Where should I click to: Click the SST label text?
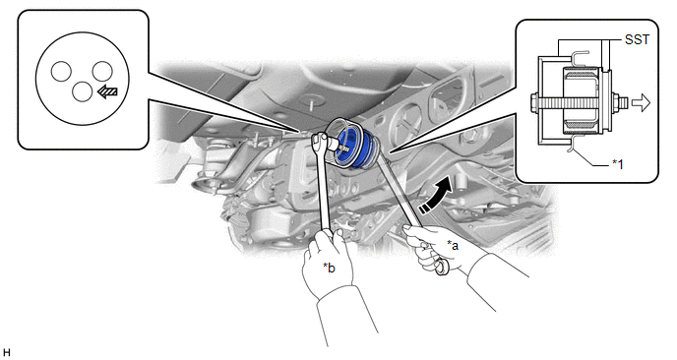(637, 39)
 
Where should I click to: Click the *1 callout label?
(617, 164)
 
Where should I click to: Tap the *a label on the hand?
(453, 246)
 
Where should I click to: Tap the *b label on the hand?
(329, 268)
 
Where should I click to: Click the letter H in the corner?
(6, 353)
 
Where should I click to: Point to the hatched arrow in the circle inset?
(107, 91)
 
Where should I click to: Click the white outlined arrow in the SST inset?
(641, 103)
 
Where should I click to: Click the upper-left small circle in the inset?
(61, 71)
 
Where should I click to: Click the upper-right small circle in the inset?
(102, 71)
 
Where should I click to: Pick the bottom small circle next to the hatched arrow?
(82, 91)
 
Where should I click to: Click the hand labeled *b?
(328, 264)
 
